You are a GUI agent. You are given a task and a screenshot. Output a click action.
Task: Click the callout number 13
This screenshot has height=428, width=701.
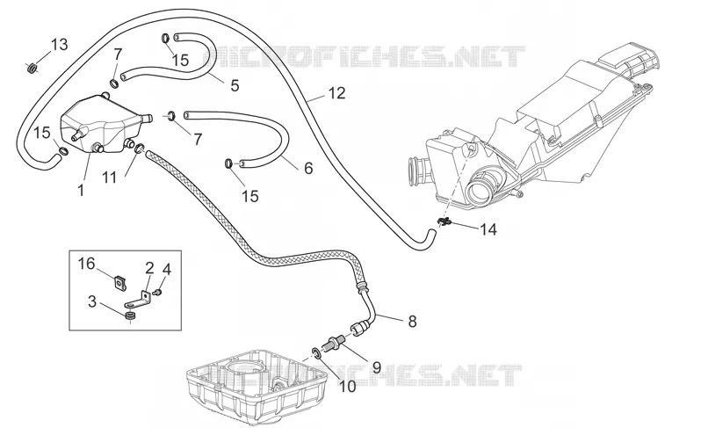tap(59, 45)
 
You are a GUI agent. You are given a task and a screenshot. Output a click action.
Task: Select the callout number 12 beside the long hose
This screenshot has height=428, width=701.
tap(337, 93)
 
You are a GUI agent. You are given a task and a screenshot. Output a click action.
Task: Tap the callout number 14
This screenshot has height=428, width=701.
tap(488, 229)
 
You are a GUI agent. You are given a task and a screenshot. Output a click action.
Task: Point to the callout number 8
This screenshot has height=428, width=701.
tap(412, 321)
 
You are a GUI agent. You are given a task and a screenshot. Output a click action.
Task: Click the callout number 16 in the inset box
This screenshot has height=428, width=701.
tap(87, 264)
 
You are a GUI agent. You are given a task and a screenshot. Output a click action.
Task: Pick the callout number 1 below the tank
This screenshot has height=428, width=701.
tap(81, 191)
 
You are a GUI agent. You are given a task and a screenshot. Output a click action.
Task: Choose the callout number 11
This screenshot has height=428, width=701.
tap(110, 178)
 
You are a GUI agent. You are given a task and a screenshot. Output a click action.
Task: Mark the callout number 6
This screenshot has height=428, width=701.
tap(308, 168)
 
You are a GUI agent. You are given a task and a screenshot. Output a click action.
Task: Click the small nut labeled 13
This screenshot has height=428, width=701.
tap(32, 69)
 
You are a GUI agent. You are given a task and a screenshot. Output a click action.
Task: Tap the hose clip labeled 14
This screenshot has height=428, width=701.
tap(443, 221)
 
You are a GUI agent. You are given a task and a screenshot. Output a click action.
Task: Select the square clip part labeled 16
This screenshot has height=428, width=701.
tap(119, 283)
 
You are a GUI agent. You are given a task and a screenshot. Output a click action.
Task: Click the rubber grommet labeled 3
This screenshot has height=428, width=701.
tap(130, 317)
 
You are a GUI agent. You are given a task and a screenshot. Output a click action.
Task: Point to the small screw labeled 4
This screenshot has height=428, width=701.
tap(157, 293)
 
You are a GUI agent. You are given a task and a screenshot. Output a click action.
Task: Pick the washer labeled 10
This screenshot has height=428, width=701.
tap(316, 353)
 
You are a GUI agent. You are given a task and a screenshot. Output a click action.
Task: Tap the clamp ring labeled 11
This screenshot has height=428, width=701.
tap(139, 149)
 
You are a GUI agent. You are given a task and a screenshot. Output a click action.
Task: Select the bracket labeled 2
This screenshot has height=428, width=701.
tap(138, 301)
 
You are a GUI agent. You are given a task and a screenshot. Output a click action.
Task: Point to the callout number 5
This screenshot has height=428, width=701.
tap(235, 85)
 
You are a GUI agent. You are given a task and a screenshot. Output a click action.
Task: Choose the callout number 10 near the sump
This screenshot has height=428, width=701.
tap(347, 386)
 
